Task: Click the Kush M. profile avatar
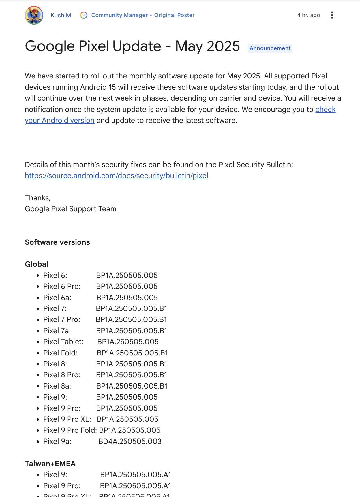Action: point(34,15)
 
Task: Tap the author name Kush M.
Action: point(61,15)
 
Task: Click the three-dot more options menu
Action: point(332,15)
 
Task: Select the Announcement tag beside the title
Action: point(270,48)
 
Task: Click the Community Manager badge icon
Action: point(84,15)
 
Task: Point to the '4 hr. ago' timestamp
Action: point(308,15)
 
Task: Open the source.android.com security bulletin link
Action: point(117,176)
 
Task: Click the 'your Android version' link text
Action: point(60,120)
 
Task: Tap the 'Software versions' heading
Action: point(57,242)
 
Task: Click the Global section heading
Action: point(37,264)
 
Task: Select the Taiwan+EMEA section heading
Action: point(50,464)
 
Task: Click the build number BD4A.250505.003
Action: point(130,441)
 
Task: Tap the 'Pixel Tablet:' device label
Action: point(63,342)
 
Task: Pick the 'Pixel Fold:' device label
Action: point(60,353)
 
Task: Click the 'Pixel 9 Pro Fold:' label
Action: point(70,430)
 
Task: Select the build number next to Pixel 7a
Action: point(132,331)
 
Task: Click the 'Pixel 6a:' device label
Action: point(57,298)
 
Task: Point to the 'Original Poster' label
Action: point(174,15)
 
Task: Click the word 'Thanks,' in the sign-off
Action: point(38,198)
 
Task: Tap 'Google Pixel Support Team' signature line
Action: point(71,209)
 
